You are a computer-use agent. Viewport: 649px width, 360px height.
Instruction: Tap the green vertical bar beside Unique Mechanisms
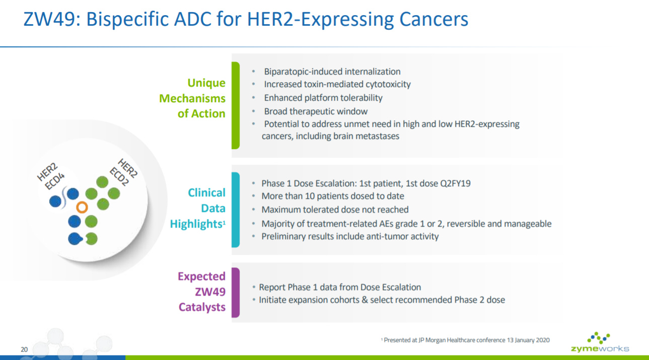236,105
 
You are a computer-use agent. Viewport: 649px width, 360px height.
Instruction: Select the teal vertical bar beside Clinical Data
236,209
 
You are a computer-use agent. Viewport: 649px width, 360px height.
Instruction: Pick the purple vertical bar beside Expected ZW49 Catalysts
236,293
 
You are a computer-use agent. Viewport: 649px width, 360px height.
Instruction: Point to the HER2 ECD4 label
51,176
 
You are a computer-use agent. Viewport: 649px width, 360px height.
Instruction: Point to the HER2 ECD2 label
123,172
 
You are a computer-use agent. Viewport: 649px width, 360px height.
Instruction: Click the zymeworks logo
600,342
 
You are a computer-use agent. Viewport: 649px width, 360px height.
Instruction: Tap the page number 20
24,349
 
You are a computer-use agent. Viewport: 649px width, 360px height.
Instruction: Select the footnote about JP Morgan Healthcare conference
465,340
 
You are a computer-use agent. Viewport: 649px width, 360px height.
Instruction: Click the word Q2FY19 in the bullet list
456,183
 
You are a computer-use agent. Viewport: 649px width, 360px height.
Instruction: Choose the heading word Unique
206,83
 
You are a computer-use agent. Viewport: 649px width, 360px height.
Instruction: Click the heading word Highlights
196,224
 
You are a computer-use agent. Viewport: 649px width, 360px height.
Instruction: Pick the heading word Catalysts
202,307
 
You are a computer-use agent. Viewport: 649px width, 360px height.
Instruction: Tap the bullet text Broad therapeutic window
316,111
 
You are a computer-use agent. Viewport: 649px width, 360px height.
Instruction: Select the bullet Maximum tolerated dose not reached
335,209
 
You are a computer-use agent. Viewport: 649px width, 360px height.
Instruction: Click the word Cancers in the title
434,20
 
